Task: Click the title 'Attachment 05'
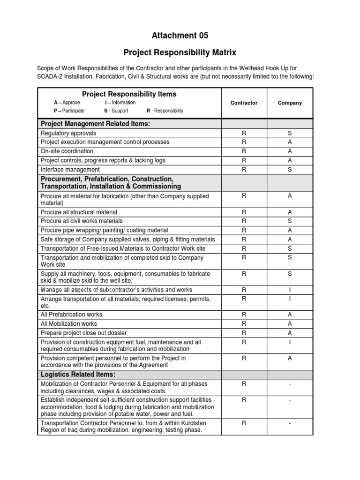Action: click(180, 35)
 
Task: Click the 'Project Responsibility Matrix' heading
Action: click(180, 52)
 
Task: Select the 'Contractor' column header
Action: click(244, 103)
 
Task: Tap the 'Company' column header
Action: click(290, 103)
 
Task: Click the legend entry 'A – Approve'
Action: click(67, 103)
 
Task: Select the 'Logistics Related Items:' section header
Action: click(78, 375)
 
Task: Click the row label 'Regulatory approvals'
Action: click(68, 133)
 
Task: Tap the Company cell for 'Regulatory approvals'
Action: click(290, 133)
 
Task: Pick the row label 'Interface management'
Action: click(70, 169)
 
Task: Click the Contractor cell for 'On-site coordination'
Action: click(244, 151)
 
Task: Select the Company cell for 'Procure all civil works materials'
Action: click(290, 221)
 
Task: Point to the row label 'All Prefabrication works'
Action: click(71, 315)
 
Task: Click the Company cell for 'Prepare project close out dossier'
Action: click(290, 333)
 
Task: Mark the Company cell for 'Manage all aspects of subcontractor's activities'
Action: click(290, 290)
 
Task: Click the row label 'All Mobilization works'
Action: click(69, 323)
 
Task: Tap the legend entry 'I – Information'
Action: click(120, 103)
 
